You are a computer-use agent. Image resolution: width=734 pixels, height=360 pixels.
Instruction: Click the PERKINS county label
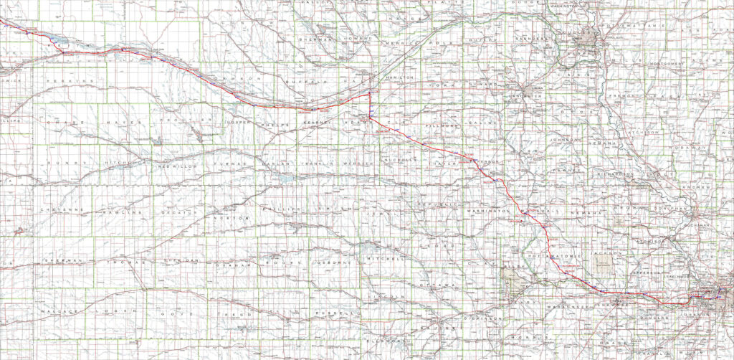tap(72, 82)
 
